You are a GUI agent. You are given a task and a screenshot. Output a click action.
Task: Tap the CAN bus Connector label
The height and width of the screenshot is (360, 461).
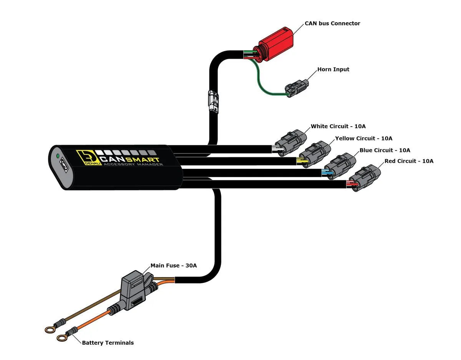point(332,23)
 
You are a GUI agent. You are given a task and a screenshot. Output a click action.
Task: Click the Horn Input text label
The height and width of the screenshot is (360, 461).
point(333,69)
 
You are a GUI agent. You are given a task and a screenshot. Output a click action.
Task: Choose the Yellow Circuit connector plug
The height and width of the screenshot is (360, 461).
point(315,154)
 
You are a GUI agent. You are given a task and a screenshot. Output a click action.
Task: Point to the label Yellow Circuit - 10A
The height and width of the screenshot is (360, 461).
point(363,138)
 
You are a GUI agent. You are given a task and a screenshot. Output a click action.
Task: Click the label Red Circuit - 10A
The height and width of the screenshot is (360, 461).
point(409,161)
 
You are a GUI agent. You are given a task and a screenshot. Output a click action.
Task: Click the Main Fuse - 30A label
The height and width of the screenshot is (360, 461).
point(174,266)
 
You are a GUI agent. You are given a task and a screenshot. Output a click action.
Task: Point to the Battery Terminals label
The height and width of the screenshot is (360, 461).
point(108,343)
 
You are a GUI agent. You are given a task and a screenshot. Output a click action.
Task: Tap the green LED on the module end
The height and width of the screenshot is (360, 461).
point(58,156)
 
